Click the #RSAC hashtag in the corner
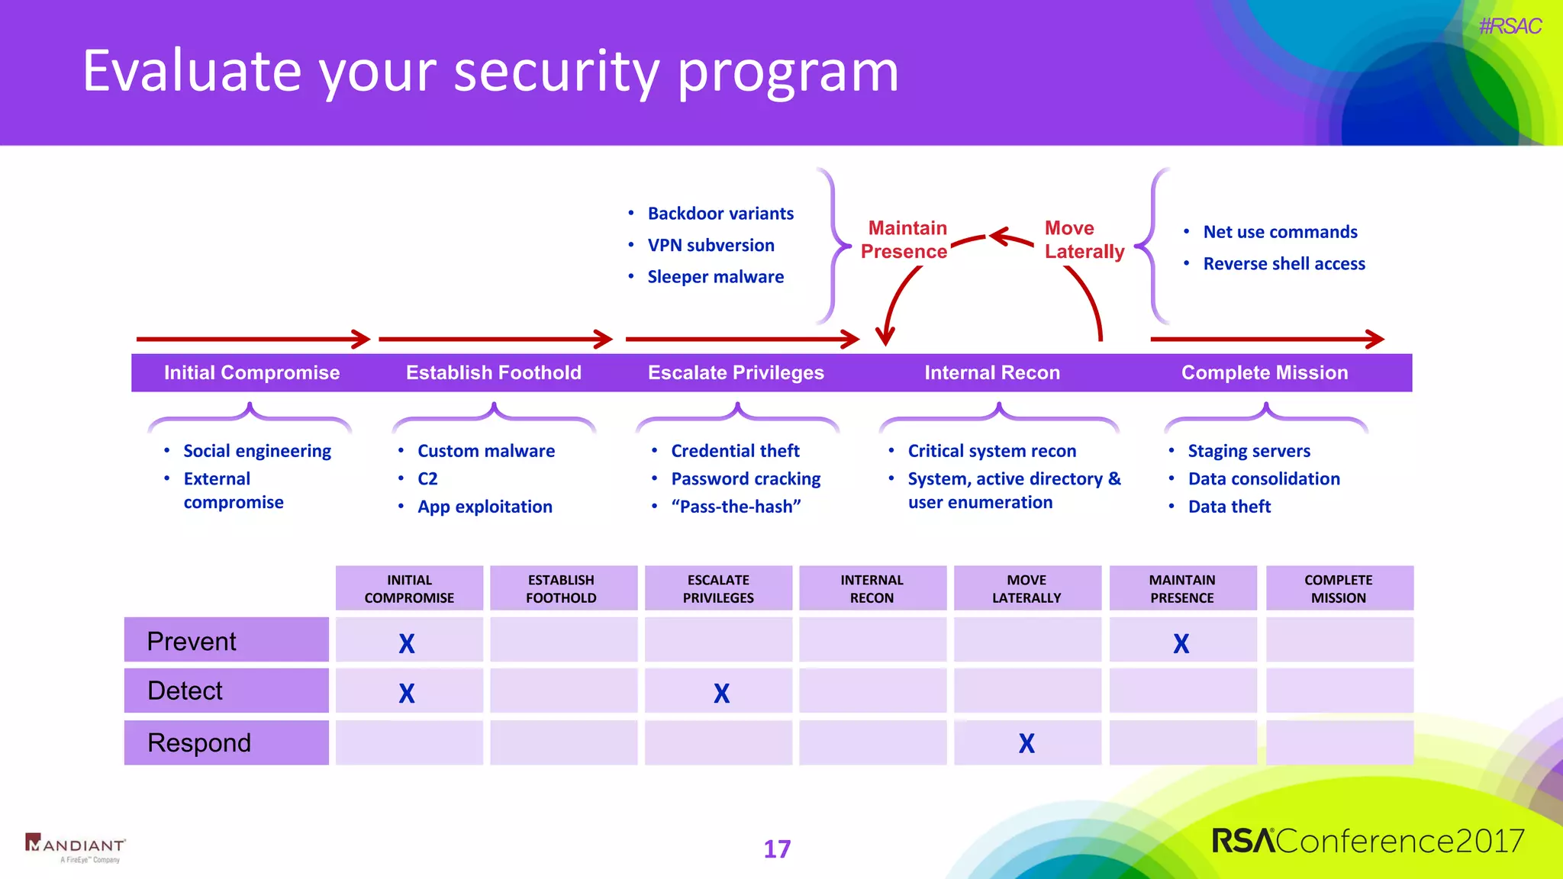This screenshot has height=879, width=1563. pyautogui.click(x=1509, y=27)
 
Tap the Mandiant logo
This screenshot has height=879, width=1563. pyautogui.click(x=76, y=847)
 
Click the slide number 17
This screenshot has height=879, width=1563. pyautogui.click(x=777, y=849)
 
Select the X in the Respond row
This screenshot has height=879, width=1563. pyautogui.click(x=1026, y=743)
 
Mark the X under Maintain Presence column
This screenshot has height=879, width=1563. pyautogui.click(x=1181, y=644)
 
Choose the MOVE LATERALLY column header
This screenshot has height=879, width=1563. pyautogui.click(x=1026, y=588)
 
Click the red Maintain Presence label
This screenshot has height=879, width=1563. pyautogui.click(x=905, y=240)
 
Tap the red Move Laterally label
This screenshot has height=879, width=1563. pyautogui.click(x=1083, y=240)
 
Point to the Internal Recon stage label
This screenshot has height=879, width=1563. pyautogui.click(x=992, y=372)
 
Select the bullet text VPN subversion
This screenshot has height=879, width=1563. pyautogui.click(x=711, y=246)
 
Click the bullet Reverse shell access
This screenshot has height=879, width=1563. pyautogui.click(x=1284, y=264)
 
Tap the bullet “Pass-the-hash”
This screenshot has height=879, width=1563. pyautogui.click(x=736, y=507)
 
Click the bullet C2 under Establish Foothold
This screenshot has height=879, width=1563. pyautogui.click(x=427, y=479)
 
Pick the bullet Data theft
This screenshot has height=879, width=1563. pyautogui.click(x=1229, y=507)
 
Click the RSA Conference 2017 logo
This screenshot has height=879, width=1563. pyautogui.click(x=1368, y=841)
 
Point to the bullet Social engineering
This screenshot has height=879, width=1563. pyautogui.click(x=257, y=451)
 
